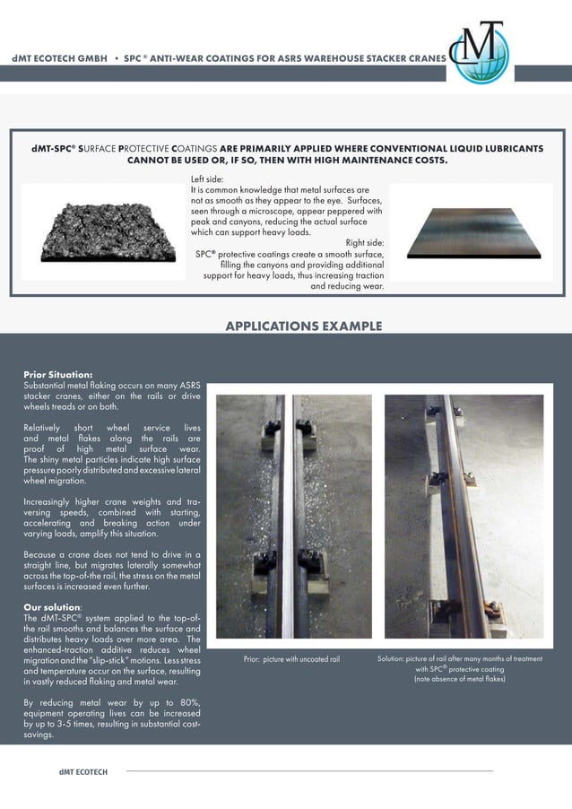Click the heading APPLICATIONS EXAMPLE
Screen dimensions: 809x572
tap(303, 326)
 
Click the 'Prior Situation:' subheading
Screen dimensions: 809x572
tap(57, 374)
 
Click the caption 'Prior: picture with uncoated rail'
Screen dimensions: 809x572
tap(291, 659)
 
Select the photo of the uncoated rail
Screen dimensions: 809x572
tap(293, 516)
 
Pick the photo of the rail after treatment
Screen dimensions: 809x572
tap(464, 516)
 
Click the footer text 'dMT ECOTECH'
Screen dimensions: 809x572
tap(83, 772)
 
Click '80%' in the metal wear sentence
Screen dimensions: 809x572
tap(188, 700)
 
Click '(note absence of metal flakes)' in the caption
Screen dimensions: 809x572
tap(459, 680)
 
